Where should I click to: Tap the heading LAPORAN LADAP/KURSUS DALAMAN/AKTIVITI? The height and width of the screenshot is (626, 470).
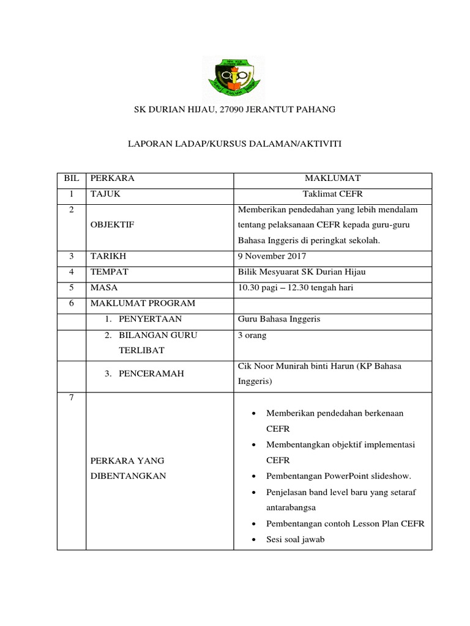point(234,144)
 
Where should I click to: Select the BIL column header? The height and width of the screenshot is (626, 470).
point(71,179)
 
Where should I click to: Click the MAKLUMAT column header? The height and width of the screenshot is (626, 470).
point(333,179)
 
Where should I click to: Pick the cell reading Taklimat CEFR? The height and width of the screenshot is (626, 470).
point(333,194)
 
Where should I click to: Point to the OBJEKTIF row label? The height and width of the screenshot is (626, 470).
point(112,225)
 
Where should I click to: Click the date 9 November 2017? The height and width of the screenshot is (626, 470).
point(272,256)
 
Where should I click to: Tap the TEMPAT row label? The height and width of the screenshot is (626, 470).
point(110,271)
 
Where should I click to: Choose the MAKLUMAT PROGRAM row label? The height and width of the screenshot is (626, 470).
point(143,303)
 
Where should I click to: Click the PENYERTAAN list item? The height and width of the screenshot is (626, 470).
point(151,319)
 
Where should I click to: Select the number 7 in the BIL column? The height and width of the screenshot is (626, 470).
point(71,398)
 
